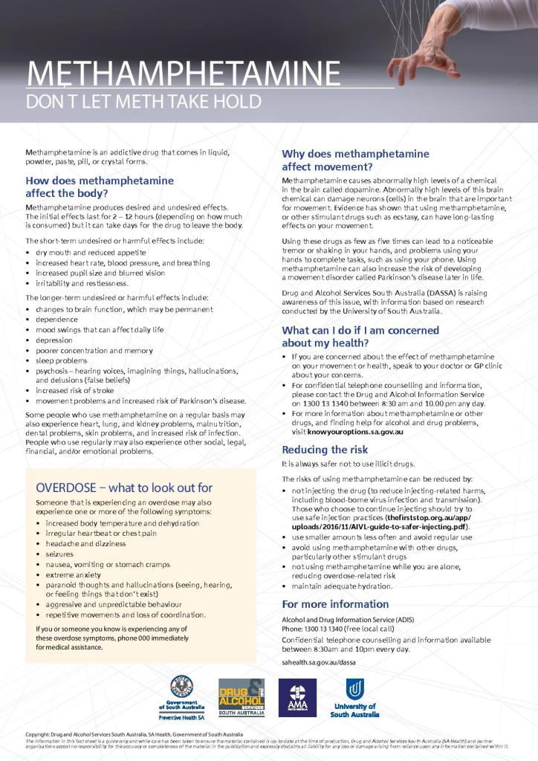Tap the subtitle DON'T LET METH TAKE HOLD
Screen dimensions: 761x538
[x=143, y=102]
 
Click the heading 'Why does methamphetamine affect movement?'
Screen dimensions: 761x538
[x=355, y=160]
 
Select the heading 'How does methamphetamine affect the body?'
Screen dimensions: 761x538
[x=100, y=187]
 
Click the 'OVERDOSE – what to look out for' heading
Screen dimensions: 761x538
[x=124, y=488]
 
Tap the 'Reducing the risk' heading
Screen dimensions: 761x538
[x=325, y=450]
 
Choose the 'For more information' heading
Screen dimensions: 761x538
[x=335, y=603]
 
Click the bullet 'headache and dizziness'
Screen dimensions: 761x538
[x=81, y=543]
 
